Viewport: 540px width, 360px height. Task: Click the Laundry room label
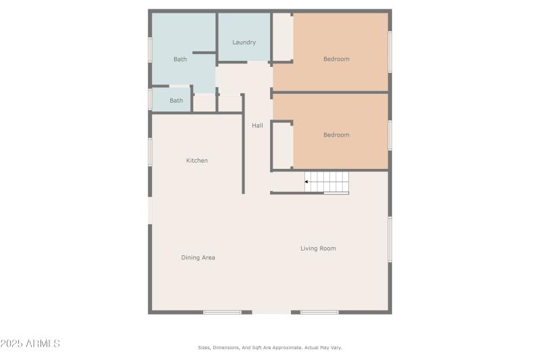[244, 43]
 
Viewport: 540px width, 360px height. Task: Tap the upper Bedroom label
[336, 59]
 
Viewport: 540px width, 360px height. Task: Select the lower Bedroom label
[336, 135]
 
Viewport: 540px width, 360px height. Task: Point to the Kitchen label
[197, 161]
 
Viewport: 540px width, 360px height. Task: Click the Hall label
[257, 126]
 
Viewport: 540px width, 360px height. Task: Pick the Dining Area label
[198, 257]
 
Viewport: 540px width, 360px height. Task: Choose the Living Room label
[318, 249]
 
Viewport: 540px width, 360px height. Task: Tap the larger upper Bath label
[180, 59]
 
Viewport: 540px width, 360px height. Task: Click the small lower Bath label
[176, 101]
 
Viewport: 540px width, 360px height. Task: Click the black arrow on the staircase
[306, 182]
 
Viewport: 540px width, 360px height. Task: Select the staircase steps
[328, 182]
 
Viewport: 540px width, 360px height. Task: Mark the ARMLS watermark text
[30, 344]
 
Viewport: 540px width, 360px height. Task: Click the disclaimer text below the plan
[270, 347]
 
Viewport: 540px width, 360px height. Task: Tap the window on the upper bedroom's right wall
[389, 51]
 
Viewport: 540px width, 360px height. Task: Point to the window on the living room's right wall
[389, 239]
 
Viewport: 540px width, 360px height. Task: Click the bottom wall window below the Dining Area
[222, 312]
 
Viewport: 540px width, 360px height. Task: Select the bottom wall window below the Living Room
[319, 312]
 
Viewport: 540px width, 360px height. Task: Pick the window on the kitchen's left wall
[150, 151]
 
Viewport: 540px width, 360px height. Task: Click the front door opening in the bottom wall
[271, 312]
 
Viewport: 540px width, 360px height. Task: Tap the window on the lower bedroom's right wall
[389, 135]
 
